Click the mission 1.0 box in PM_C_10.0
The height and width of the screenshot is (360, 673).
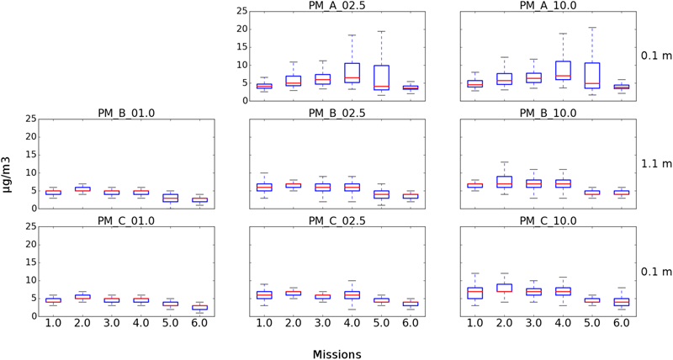(475, 293)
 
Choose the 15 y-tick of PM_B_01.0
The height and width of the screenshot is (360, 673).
(28, 155)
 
